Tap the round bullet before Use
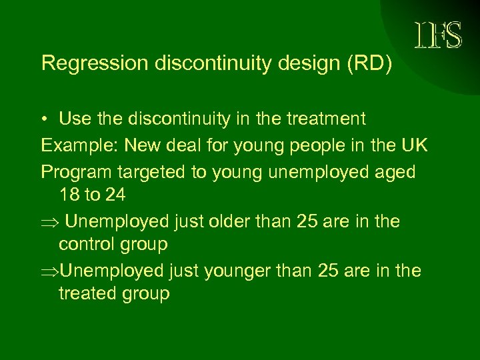tap(45, 120)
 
